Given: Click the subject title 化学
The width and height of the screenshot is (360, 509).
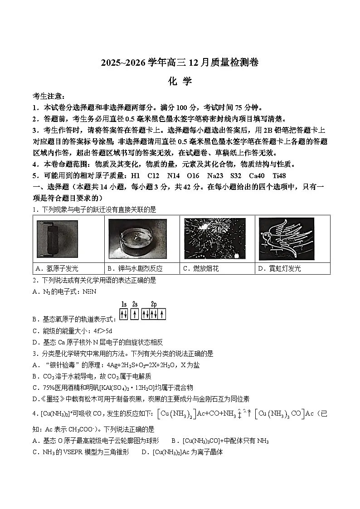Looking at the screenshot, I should point(180,81).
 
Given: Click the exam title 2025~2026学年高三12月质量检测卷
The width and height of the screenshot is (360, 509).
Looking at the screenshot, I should point(180,63).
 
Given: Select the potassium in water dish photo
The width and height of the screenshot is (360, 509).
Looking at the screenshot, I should point(141,238).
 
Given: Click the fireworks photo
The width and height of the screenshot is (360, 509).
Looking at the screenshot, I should point(214,238).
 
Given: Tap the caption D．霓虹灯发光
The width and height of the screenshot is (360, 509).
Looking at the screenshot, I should point(279,268).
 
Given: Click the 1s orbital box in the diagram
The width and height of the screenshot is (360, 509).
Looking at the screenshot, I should point(123,314).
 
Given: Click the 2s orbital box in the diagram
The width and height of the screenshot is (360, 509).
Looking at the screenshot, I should point(135,314).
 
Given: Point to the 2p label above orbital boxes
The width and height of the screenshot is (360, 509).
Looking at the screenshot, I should point(154,304).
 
